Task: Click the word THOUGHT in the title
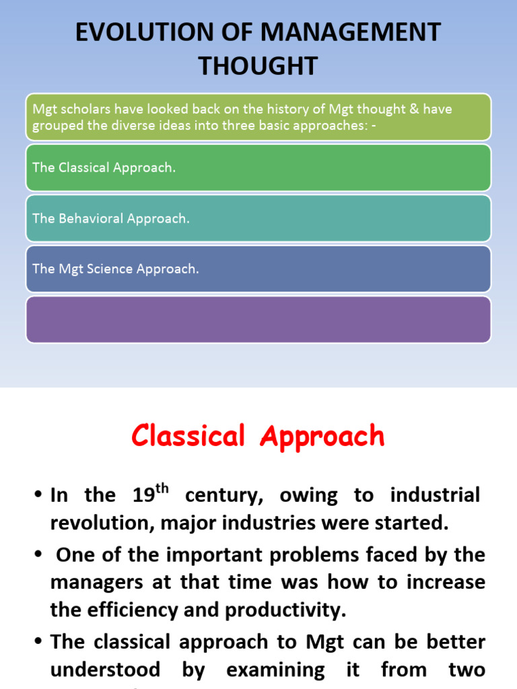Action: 258,65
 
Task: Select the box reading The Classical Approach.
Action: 258,168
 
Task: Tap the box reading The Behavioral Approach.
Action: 258,218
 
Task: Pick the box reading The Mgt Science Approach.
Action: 258,268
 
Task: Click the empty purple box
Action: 258,320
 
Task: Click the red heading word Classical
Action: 188,436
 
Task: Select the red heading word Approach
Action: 322,437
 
